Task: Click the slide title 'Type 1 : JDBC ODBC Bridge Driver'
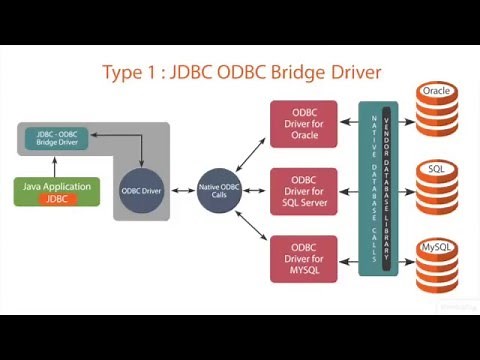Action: pyautogui.click(x=241, y=73)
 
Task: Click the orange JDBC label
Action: pyautogui.click(x=57, y=198)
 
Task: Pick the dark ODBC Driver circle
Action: pyautogui.click(x=141, y=188)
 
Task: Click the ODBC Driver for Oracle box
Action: pyautogui.click(x=303, y=122)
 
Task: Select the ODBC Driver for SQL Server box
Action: pyautogui.click(x=303, y=190)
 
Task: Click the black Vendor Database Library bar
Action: pyautogui.click(x=387, y=188)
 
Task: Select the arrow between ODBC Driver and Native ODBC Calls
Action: pyautogui.click(x=180, y=188)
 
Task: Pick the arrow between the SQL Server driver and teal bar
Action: pyautogui.click(x=347, y=190)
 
